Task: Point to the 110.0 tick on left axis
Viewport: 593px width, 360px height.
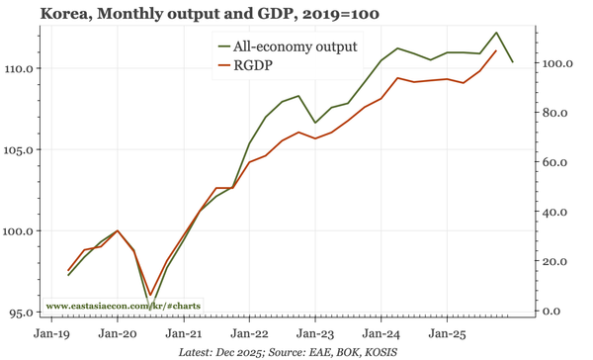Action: (x=20, y=68)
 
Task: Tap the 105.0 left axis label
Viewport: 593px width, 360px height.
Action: (x=20, y=150)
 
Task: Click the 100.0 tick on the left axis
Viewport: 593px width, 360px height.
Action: (x=20, y=231)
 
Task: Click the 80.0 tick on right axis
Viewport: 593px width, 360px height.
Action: (x=556, y=113)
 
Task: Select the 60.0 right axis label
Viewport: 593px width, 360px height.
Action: (x=556, y=162)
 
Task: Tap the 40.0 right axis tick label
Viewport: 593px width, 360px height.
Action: (x=556, y=212)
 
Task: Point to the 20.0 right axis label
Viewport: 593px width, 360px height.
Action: (x=556, y=262)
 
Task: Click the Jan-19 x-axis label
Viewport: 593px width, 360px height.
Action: (x=52, y=333)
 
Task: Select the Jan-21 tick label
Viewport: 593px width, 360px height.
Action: (x=184, y=333)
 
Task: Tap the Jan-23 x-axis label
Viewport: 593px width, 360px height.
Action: (x=315, y=333)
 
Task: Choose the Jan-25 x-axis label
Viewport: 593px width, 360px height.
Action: (x=447, y=333)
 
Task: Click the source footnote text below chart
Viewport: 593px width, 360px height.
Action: (x=295, y=351)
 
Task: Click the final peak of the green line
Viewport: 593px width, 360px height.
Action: (x=496, y=33)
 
